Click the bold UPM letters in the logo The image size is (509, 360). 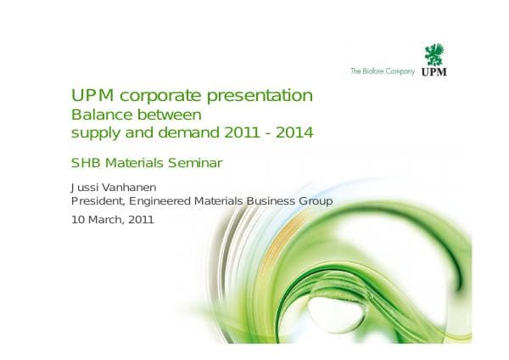pyautogui.click(x=434, y=72)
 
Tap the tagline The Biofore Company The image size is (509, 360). pyautogui.click(x=383, y=71)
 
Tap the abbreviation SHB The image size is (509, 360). pyautogui.click(x=85, y=162)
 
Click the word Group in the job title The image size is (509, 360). pyautogui.click(x=314, y=201)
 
